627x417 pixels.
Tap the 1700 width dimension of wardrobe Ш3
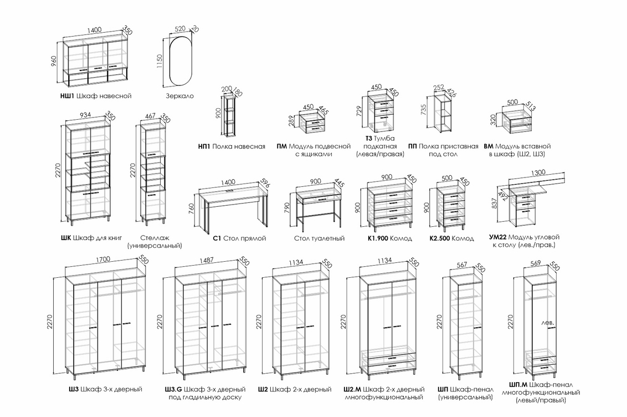point(103,258)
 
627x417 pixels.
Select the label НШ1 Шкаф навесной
point(95,96)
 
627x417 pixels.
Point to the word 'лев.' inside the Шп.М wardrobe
point(548,322)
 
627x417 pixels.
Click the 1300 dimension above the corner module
point(537,172)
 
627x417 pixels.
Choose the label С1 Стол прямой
point(239,238)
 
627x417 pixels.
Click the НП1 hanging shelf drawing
point(229,116)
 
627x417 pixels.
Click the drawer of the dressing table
point(319,197)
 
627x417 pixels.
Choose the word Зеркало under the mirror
point(179,96)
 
